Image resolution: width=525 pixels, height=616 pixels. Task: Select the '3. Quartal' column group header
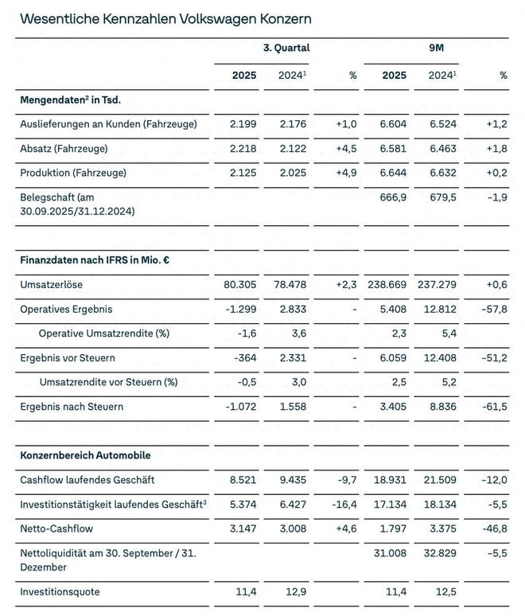point(286,48)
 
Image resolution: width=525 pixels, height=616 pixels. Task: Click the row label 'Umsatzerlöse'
point(52,284)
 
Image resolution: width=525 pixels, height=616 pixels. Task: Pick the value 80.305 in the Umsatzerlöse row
point(239,284)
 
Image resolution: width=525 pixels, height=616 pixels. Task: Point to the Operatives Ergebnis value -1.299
point(239,308)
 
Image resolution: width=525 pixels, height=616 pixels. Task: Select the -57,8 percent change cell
point(492,308)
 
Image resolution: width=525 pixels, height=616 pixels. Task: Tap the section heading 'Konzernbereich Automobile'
point(86,455)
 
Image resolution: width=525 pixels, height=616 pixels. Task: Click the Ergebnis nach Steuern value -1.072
point(239,407)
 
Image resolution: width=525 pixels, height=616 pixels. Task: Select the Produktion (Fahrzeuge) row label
point(73,172)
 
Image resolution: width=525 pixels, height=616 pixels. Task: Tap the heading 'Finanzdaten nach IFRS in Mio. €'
point(98,259)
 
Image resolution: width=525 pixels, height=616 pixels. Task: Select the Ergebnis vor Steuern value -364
point(244,357)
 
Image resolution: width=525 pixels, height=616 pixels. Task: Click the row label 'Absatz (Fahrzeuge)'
point(64,148)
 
